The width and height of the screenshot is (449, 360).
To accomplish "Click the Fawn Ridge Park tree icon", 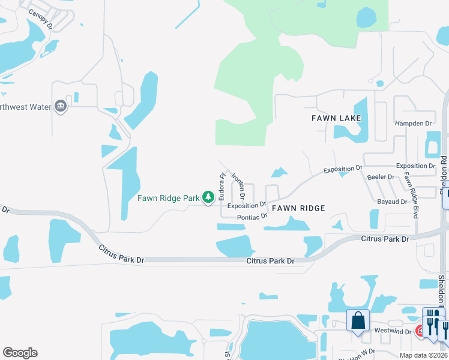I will [208, 197].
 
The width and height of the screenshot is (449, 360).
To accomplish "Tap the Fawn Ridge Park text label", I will [168, 198].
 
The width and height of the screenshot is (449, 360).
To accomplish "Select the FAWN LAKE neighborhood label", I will [336, 118].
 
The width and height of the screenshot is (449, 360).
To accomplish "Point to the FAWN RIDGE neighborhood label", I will [298, 208].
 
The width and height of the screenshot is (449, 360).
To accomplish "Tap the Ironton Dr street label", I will [238, 187].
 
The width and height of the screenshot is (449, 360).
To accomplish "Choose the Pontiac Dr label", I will [252, 217].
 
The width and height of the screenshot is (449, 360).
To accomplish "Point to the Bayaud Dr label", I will [392, 202].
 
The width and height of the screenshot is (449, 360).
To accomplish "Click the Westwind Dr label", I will [393, 332].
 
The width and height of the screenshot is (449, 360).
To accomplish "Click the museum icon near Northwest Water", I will [60, 106].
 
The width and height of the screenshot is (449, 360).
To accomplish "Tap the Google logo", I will [20, 353].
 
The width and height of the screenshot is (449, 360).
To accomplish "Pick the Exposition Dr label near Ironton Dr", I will [246, 205].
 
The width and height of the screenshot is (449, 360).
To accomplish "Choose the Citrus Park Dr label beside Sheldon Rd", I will [385, 239].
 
